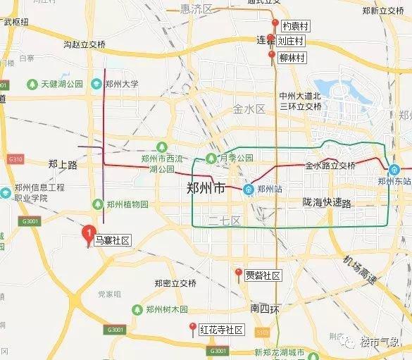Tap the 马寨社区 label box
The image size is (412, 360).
tap(113, 241)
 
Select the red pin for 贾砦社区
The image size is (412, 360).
tap(238, 273)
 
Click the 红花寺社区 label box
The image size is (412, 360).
tap(221, 330)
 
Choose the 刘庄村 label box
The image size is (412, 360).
tap(290, 42)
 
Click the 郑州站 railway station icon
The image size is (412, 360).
tap(249, 190)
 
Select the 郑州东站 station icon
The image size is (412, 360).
tap(394, 170)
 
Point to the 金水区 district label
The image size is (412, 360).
tap(249, 109)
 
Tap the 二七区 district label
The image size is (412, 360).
tap(225, 221)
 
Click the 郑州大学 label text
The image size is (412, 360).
tap(123, 85)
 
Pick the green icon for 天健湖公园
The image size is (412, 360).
tap(32, 85)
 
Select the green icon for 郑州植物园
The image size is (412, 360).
tap(97, 204)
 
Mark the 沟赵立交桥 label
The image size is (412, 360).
tap(85, 44)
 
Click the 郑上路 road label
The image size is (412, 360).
tap(63, 164)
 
